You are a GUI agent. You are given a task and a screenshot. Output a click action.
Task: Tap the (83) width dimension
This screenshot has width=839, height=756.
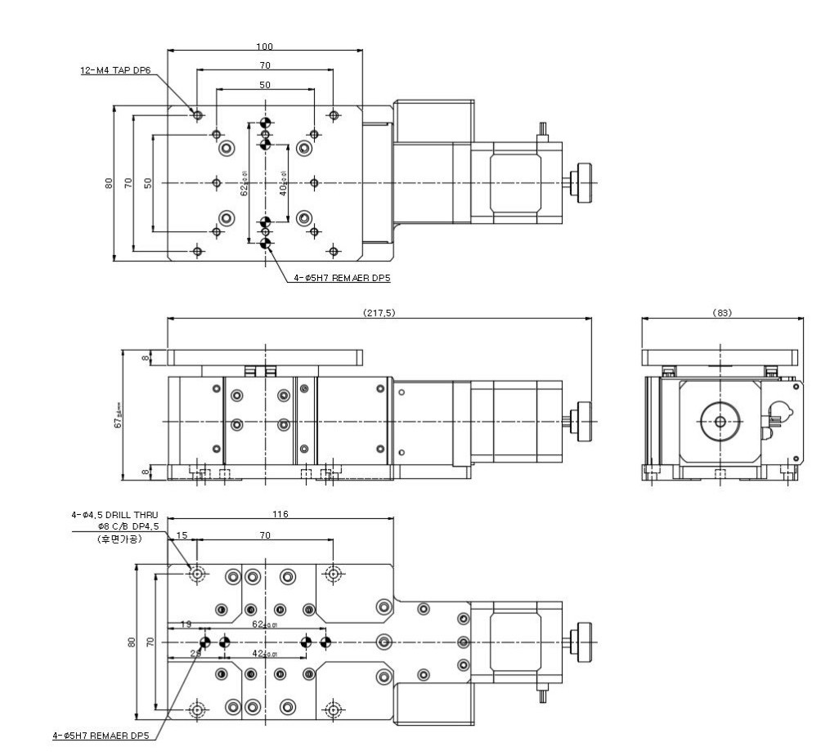click(722, 313)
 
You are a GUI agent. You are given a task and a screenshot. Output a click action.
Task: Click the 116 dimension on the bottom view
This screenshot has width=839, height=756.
click(282, 515)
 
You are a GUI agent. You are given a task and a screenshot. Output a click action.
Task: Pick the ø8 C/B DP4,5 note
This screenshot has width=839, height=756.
click(123, 527)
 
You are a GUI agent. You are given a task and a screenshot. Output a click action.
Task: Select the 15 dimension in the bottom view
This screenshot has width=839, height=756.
click(182, 535)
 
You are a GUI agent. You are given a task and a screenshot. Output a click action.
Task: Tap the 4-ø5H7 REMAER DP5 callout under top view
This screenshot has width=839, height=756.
click(342, 279)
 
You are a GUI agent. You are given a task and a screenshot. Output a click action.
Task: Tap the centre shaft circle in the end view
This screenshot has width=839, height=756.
click(720, 422)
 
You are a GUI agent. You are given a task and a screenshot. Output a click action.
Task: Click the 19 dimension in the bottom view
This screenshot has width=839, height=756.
click(186, 624)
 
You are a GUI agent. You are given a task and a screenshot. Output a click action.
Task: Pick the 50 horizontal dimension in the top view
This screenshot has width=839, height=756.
click(264, 85)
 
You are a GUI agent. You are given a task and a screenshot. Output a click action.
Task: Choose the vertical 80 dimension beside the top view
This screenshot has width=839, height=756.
click(109, 184)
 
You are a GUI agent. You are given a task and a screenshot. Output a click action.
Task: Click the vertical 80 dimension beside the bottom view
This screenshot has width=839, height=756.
click(132, 643)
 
